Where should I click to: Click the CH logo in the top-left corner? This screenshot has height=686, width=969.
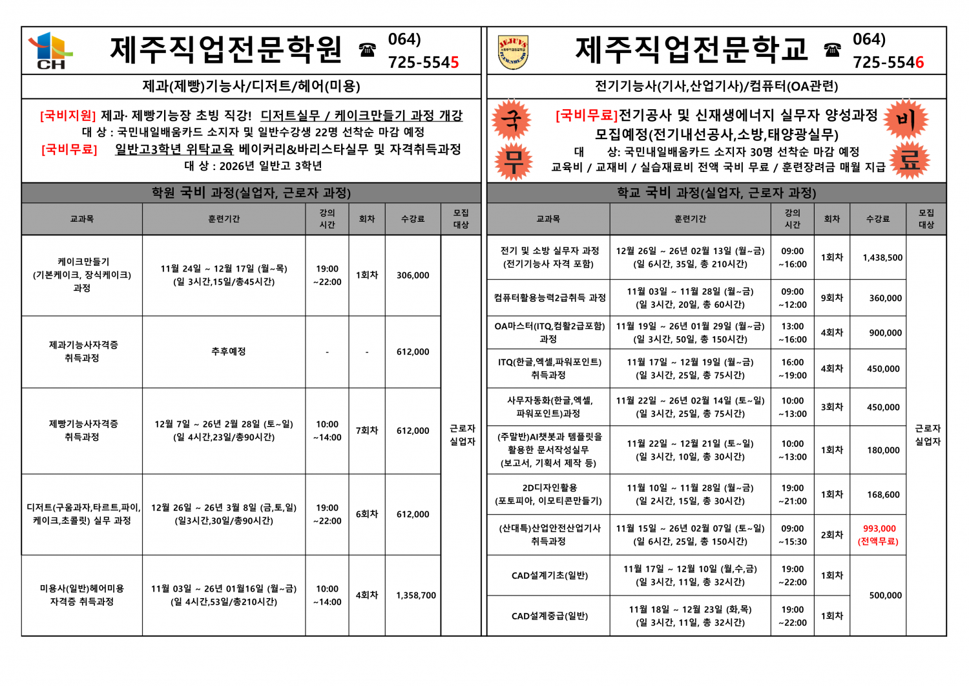point(50,50)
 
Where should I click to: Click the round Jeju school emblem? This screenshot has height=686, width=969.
point(513,52)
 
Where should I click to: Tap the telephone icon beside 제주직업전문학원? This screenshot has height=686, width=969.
point(368,50)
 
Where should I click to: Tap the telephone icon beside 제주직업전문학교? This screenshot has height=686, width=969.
point(832,50)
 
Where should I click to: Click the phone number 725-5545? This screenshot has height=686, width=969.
point(423,62)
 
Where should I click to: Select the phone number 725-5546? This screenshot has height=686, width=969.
point(888,62)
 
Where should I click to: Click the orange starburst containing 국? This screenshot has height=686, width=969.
point(512,120)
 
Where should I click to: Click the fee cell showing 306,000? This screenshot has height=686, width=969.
point(413,275)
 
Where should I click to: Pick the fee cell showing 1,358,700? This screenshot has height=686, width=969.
point(416,595)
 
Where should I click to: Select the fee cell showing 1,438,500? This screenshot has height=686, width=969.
point(882,257)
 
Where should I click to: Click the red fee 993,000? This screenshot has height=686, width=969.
point(879,528)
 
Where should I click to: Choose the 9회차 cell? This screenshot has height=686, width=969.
point(832,297)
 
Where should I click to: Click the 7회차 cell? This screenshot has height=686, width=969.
point(367,430)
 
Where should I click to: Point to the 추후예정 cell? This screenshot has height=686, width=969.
point(229,351)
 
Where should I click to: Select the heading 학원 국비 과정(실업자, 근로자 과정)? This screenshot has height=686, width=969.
point(251,193)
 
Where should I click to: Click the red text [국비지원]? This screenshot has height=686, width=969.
point(67,116)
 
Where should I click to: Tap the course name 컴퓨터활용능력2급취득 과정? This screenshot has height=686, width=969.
point(549,297)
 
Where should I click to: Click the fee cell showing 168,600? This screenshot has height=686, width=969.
point(883,495)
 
